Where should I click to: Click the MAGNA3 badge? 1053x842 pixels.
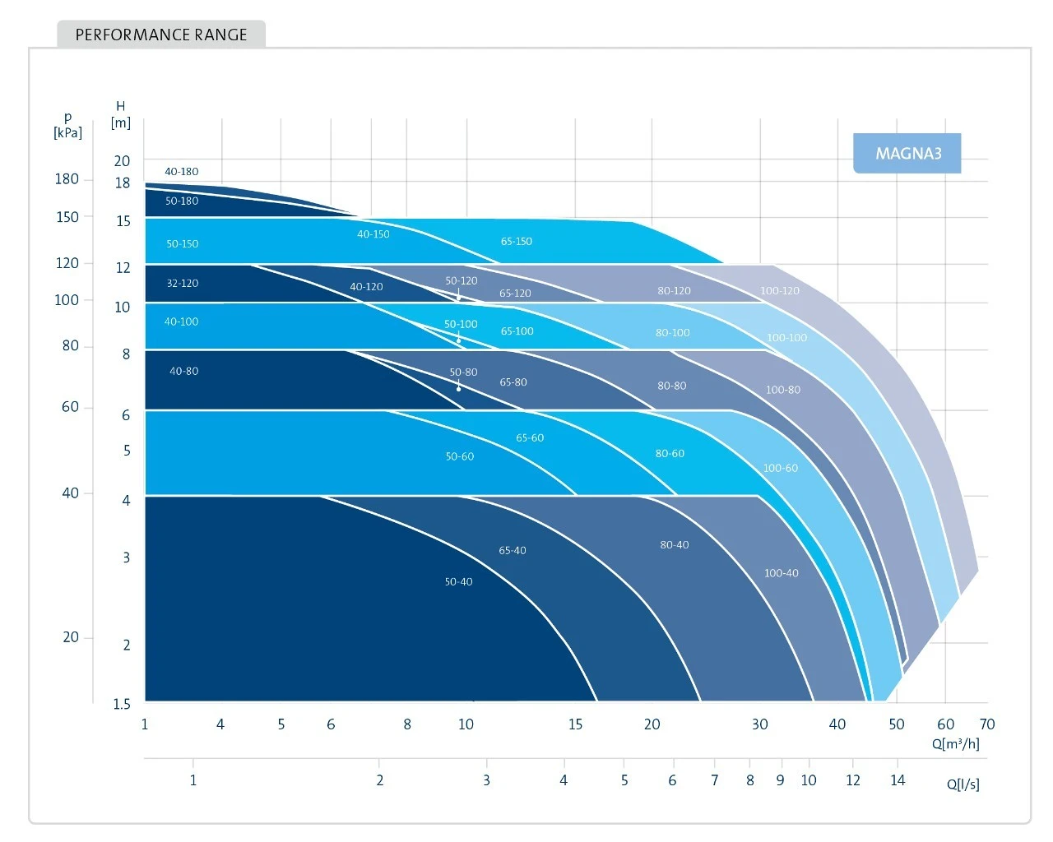click(x=907, y=154)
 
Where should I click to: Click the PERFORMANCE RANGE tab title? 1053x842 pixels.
click(x=161, y=35)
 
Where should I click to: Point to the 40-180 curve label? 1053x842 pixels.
click(x=181, y=172)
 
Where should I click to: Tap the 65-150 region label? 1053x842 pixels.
click(x=517, y=242)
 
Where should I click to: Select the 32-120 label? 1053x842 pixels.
click(x=183, y=284)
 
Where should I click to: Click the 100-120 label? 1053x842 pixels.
click(x=780, y=291)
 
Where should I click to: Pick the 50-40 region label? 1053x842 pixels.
click(x=459, y=582)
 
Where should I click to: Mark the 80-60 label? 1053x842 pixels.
click(x=670, y=454)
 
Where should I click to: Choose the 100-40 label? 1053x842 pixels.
click(x=782, y=573)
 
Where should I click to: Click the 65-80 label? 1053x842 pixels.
click(x=513, y=382)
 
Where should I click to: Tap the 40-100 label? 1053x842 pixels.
click(x=181, y=322)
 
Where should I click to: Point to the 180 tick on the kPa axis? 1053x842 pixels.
click(x=67, y=179)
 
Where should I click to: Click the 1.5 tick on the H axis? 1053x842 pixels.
click(x=122, y=704)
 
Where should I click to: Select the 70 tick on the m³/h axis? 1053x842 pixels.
click(x=987, y=724)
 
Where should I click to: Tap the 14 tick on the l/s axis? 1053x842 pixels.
click(x=898, y=780)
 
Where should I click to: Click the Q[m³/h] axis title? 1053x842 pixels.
click(x=956, y=744)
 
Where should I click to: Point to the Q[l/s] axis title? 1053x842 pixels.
click(x=963, y=784)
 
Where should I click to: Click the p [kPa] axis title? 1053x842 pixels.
click(x=67, y=126)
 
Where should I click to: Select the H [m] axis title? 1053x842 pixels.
click(x=121, y=114)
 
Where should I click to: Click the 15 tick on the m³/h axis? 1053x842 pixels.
click(x=575, y=724)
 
